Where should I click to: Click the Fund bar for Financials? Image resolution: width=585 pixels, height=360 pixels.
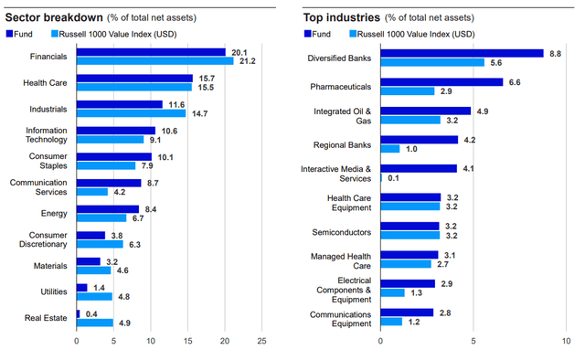[151, 52]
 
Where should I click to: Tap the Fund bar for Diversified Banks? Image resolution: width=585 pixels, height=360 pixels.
[462, 53]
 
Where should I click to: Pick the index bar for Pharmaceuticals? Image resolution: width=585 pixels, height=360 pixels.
[408, 91]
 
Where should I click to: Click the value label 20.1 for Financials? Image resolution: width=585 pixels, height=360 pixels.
[238, 52]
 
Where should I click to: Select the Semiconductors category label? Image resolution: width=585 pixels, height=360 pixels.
[343, 231]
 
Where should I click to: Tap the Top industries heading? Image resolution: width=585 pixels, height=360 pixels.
[339, 16]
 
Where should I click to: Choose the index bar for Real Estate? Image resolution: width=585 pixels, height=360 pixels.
[95, 323]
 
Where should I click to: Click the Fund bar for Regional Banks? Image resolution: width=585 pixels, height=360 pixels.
[420, 140]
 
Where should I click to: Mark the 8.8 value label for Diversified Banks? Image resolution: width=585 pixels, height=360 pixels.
[554, 53]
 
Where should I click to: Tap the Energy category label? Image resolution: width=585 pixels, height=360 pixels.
[56, 214]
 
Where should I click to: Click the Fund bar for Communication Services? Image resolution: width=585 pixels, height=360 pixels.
[109, 183]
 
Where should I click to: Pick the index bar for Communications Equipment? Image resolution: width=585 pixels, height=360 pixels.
[392, 322]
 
